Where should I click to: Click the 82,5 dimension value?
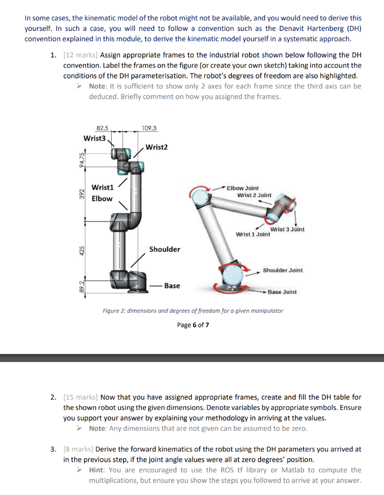click(x=102, y=128)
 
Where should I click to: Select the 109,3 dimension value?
click(x=149, y=128)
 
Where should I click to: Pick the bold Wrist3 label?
click(x=94, y=138)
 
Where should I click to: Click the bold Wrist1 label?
click(x=102, y=187)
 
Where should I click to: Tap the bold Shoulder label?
click(x=164, y=249)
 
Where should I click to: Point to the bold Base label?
click(x=172, y=286)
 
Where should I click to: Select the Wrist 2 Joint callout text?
click(x=254, y=195)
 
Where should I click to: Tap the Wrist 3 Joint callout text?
click(x=287, y=229)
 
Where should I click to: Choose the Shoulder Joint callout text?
click(x=283, y=270)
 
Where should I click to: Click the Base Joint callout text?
click(x=282, y=292)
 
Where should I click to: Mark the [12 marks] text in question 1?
click(x=80, y=56)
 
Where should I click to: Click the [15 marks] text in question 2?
click(x=80, y=397)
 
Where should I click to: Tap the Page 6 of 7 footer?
click(x=193, y=325)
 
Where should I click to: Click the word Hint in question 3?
click(x=97, y=470)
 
